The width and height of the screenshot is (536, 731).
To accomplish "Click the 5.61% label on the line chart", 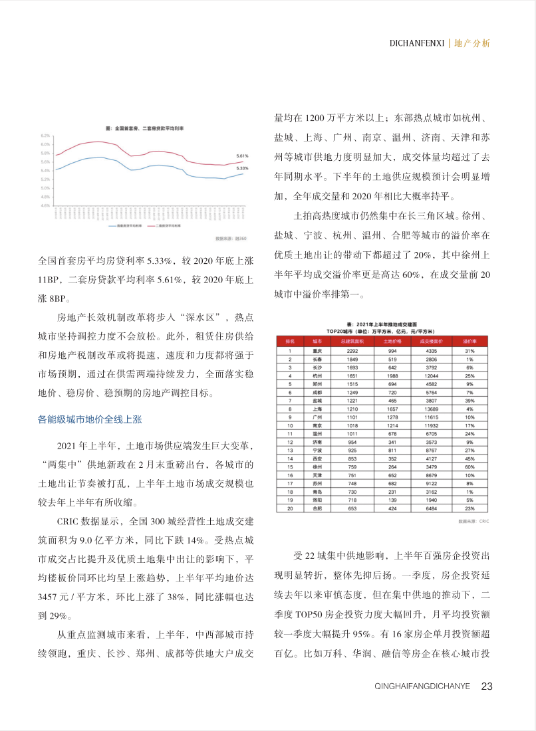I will click(242, 156).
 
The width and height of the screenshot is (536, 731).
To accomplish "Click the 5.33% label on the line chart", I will click(242, 168).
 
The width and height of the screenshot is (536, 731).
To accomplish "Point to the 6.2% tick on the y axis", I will click(45, 136).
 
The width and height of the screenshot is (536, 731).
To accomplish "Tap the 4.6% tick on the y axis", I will click(45, 205).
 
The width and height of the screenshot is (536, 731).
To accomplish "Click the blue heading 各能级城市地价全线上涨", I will click(89, 419).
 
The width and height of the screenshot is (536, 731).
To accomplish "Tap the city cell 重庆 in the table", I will click(317, 350).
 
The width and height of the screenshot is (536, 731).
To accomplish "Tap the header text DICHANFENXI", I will click(417, 43).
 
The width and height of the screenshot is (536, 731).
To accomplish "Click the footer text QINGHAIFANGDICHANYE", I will click(422, 686).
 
